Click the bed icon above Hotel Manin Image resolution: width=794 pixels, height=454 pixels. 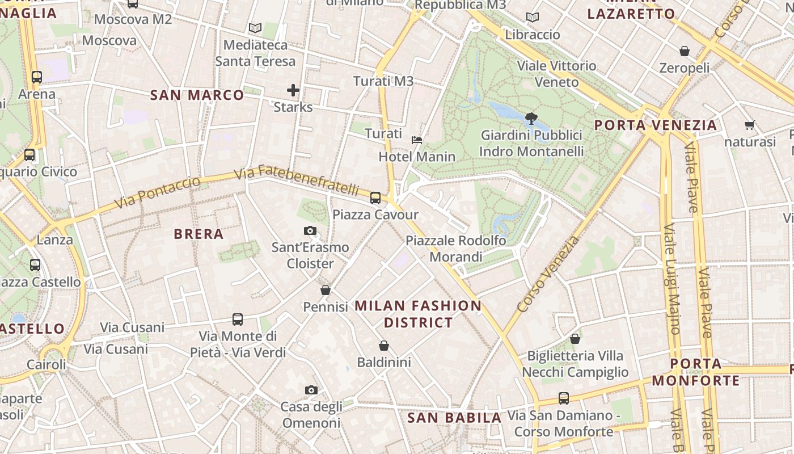[x=417, y=140]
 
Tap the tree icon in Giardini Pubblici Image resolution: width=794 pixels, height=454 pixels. [x=531, y=119]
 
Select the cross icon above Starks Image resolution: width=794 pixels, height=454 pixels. [x=293, y=90]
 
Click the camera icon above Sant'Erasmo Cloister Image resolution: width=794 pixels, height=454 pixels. [x=310, y=230]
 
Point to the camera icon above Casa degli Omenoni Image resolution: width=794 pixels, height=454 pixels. [x=311, y=390]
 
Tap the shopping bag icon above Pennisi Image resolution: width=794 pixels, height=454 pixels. [x=326, y=290]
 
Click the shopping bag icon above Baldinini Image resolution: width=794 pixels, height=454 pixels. [x=384, y=345]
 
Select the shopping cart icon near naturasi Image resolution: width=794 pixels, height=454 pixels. [x=749, y=125]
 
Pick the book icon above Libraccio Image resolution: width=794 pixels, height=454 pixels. [x=532, y=18]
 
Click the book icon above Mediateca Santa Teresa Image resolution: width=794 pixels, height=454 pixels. [x=255, y=28]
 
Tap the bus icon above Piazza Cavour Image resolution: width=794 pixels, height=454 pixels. [x=375, y=198]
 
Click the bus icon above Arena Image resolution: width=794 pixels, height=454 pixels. [x=37, y=77]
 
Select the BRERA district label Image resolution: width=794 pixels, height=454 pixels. [x=198, y=234]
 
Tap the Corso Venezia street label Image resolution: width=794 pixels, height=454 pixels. [x=548, y=274]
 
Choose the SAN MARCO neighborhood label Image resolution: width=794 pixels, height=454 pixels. [x=197, y=95]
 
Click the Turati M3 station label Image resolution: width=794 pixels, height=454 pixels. [x=383, y=81]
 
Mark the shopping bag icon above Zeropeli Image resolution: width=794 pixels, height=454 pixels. [x=685, y=51]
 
